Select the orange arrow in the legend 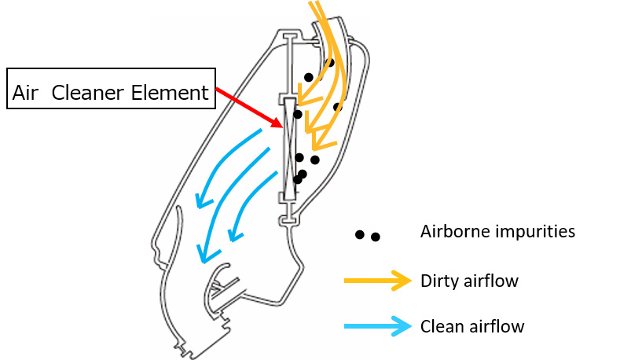click(378, 281)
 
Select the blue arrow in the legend click(378, 326)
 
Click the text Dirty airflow click(469, 281)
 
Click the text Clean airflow click(472, 326)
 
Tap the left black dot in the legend click(359, 235)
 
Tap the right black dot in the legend click(376, 237)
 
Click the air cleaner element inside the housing click(290, 149)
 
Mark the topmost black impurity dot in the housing click(330, 62)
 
